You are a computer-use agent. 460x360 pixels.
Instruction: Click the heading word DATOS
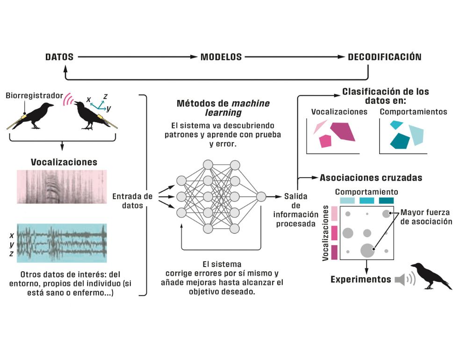point(59,57)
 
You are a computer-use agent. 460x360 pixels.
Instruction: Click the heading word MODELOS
point(221,57)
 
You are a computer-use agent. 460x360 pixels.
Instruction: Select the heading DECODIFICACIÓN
point(385,57)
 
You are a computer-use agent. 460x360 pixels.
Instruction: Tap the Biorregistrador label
point(34,96)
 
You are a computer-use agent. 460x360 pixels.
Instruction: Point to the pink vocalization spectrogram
point(61,187)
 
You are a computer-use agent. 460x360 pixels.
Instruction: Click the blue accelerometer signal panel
point(61,243)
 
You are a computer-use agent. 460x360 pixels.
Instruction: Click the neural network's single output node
point(261,196)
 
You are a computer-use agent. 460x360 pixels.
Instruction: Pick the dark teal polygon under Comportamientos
point(400,140)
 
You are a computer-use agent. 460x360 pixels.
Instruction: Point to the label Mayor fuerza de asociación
point(426,217)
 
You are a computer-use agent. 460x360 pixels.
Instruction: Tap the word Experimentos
point(360,280)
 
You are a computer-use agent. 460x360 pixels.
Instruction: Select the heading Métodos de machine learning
point(223,108)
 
